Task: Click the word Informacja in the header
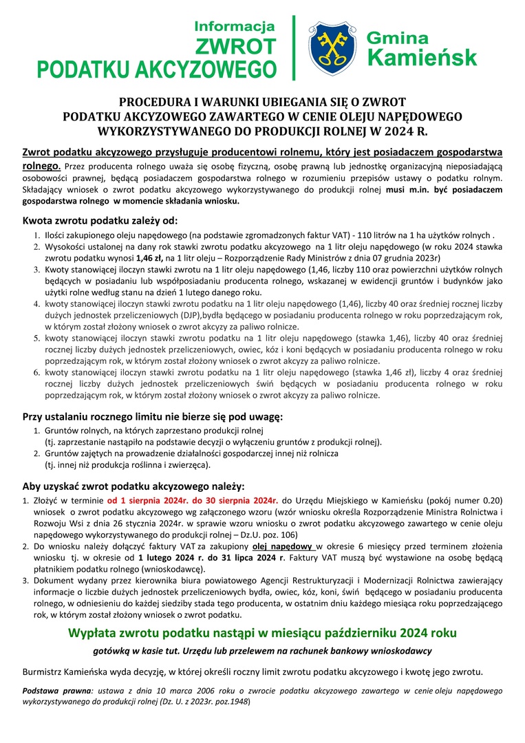coord(235,27)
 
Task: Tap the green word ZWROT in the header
coord(235,47)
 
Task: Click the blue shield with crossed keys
coord(332,47)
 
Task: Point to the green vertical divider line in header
coord(294,47)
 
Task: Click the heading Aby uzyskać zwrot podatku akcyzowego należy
coord(133,486)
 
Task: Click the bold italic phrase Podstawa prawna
coord(58,690)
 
